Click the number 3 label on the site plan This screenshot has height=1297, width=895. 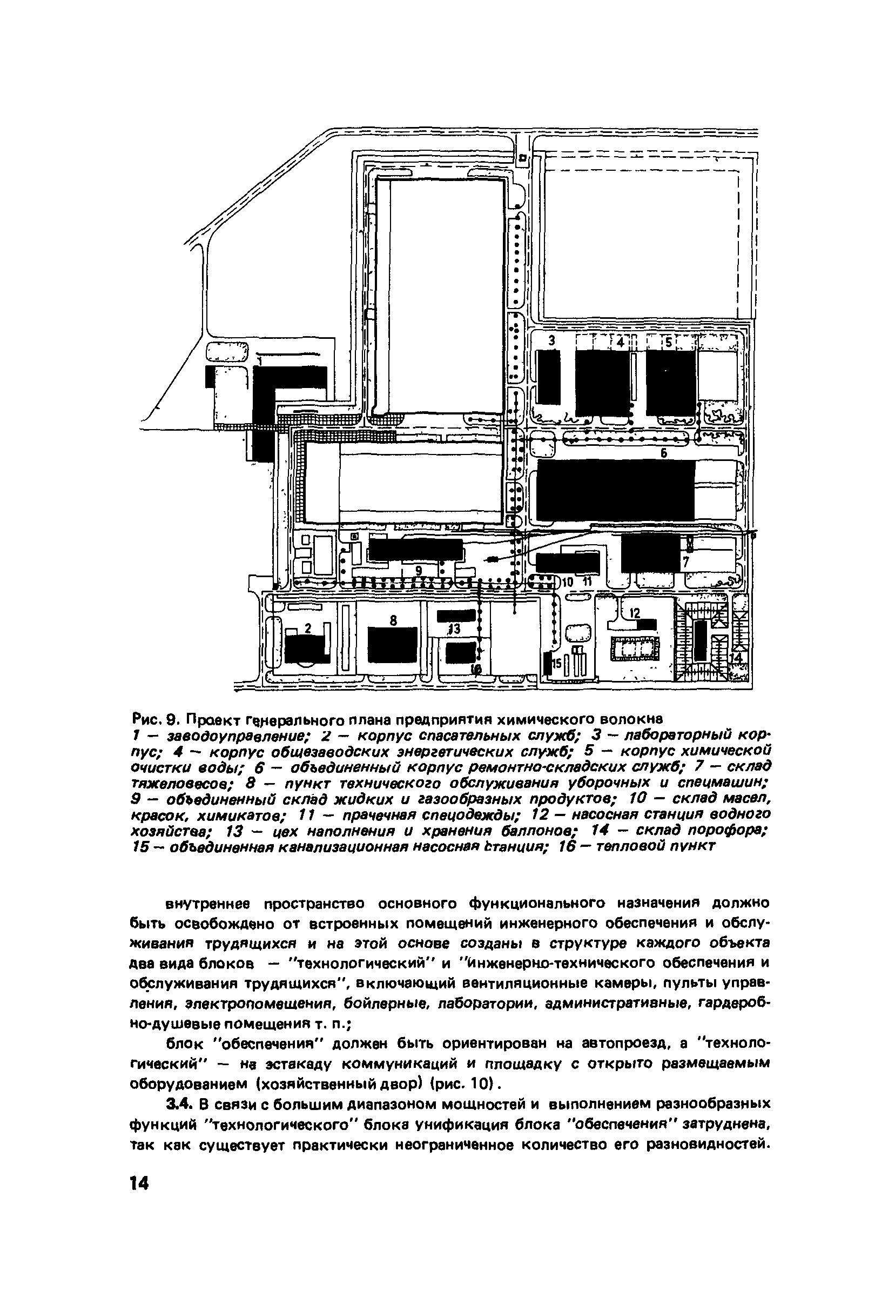[x=551, y=340]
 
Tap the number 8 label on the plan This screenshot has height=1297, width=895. [x=393, y=620]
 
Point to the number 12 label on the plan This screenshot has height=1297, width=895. [x=634, y=613]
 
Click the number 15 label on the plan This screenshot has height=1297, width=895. [x=557, y=664]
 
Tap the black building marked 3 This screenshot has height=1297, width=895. [x=548, y=377]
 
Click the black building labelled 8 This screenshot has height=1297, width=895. [x=392, y=644]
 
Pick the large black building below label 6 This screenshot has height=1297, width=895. [x=615, y=490]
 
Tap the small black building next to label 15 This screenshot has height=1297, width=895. [x=548, y=664]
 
